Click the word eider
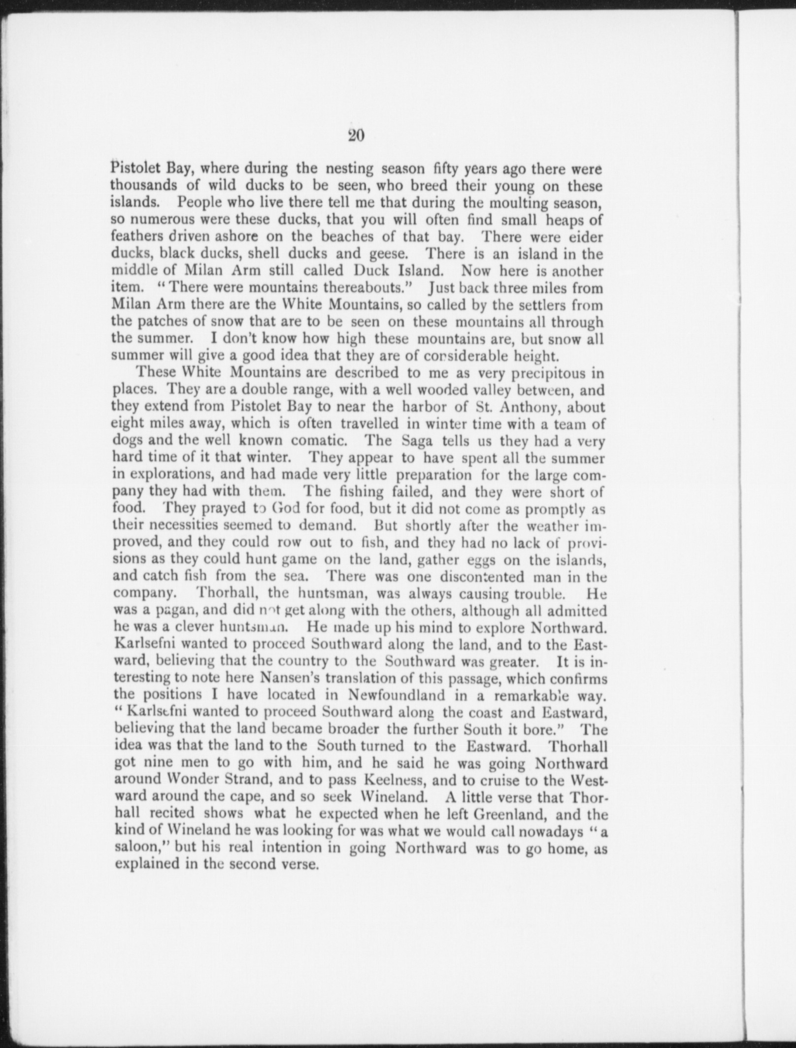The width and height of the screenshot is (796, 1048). (586, 237)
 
